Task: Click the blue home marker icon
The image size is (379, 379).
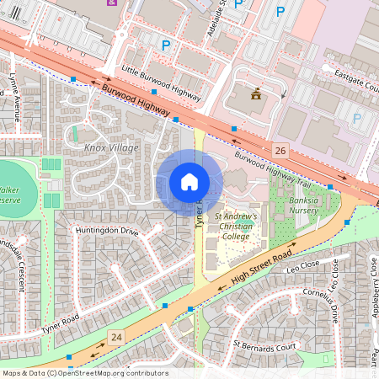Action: click(x=189, y=182)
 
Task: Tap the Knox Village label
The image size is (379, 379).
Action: click(x=111, y=148)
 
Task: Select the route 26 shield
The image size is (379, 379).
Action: click(x=280, y=149)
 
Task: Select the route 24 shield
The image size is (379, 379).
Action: click(x=116, y=338)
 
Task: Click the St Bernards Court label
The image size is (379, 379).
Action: click(x=265, y=345)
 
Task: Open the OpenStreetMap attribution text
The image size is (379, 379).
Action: click(x=84, y=373)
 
